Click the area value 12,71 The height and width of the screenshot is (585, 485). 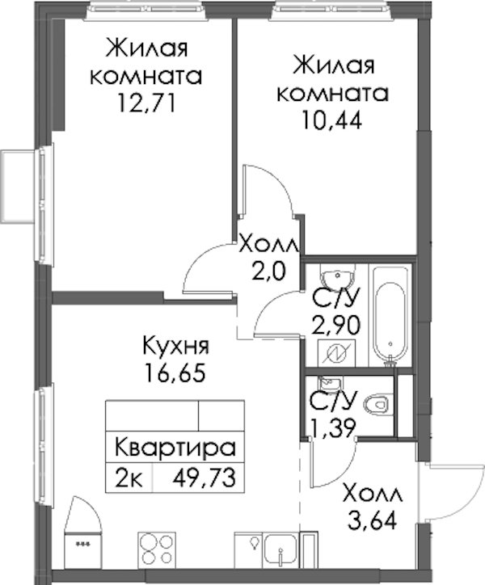coord(146,102)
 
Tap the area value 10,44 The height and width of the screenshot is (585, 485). coord(332,120)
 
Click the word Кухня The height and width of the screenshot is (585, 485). coord(176,347)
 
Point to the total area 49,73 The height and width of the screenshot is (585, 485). coord(204,478)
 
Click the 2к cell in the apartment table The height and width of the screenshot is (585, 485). coord(129,478)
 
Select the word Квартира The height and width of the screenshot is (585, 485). coord(175,448)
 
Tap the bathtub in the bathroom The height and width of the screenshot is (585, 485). coord(390,316)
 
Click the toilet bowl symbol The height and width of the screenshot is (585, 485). coord(377,405)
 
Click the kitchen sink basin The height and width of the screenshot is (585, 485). coord(280,553)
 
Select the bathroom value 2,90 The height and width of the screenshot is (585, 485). coord(336,325)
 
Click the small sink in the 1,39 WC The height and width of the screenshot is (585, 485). coord(331,382)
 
